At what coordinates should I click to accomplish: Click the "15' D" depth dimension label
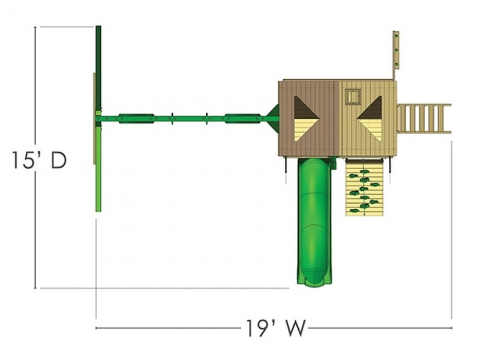coord(39,160)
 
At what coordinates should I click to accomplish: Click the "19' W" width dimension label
coord(276,328)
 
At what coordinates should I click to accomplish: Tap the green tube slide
coord(314,221)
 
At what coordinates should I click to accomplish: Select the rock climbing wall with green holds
coord(365,187)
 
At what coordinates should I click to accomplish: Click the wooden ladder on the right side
coord(424,118)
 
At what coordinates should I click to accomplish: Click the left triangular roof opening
coord(306,118)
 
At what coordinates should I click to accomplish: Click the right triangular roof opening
coord(369,118)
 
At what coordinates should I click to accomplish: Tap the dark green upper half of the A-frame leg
coord(98,68)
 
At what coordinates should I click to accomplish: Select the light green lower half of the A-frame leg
coord(98,169)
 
